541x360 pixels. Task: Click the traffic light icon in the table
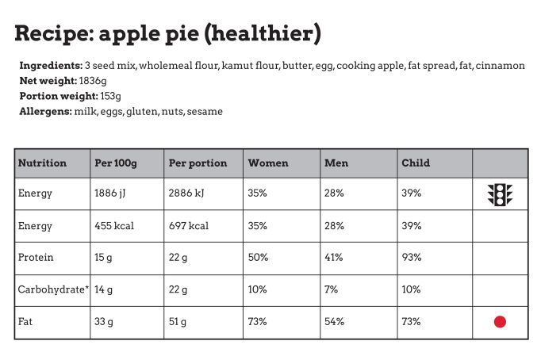coord(500,194)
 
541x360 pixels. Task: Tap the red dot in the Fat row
coord(500,322)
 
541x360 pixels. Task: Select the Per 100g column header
coord(116,163)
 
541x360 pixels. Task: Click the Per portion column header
coord(198,163)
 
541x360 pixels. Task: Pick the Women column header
coord(268,163)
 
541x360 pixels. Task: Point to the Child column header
coord(416,163)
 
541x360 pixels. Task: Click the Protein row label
coord(35,258)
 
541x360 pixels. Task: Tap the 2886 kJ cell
coord(188,193)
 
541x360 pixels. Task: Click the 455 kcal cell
coord(114,226)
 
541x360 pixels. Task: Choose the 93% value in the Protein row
coord(412,258)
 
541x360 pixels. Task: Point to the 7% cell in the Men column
coord(332,290)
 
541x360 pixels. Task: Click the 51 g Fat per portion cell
coord(178,322)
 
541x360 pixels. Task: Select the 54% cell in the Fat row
coord(334,322)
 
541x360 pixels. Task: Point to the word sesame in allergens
coord(205,112)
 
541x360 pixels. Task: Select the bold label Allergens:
coord(44,112)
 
